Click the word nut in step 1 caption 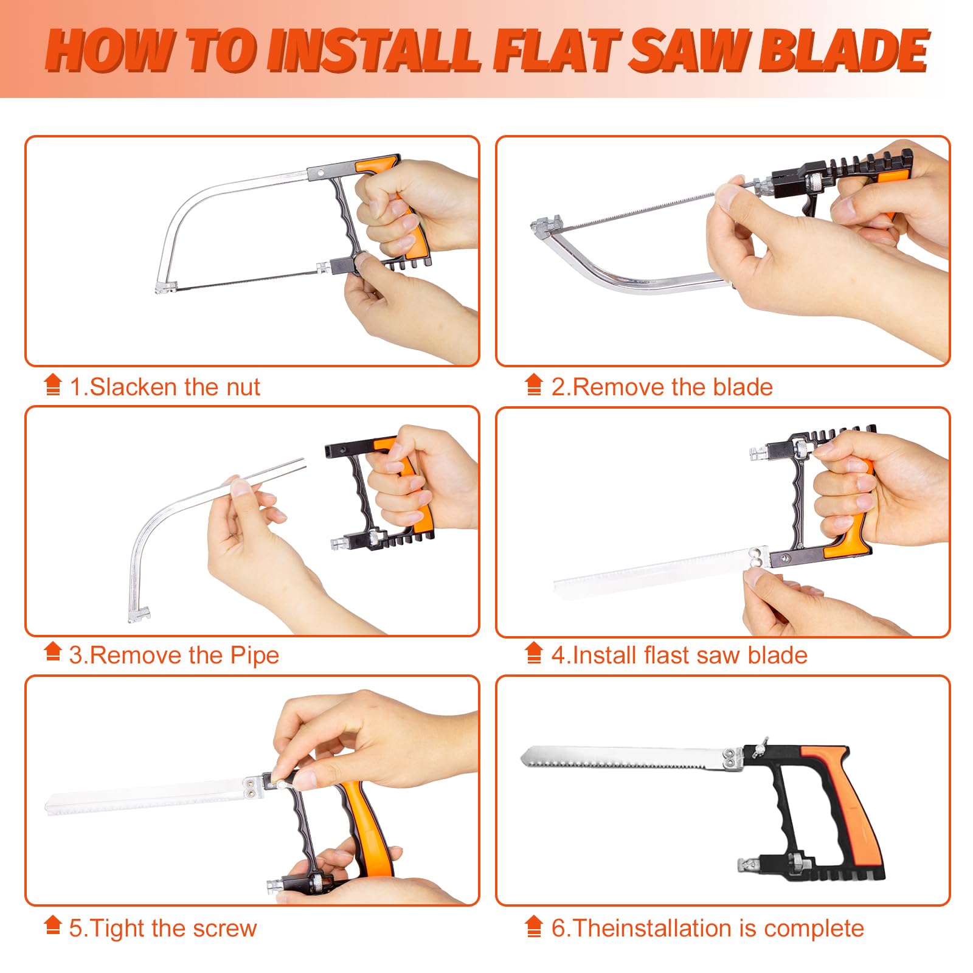[243, 387]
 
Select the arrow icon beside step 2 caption [534, 384]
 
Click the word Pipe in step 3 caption [255, 656]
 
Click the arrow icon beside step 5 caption [53, 926]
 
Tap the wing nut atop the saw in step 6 [759, 747]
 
